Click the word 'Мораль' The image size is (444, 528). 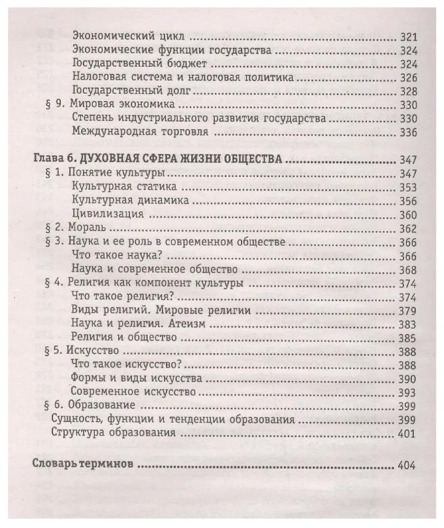pyautogui.click(x=85, y=228)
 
